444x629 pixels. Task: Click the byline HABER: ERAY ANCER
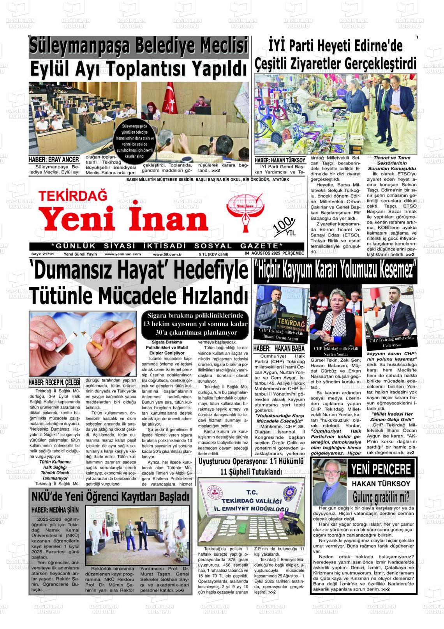click(x=54, y=159)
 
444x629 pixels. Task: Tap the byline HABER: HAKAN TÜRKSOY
click(x=280, y=160)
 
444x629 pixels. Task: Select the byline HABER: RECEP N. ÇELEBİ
click(x=54, y=383)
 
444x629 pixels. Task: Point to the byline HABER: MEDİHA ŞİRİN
click(x=55, y=510)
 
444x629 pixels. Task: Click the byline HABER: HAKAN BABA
click(x=279, y=348)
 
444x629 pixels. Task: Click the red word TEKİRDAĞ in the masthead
click(x=73, y=195)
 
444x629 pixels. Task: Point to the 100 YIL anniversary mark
click(x=285, y=227)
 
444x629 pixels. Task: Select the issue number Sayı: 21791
click(x=42, y=254)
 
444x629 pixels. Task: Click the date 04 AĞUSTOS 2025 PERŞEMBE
click(x=274, y=254)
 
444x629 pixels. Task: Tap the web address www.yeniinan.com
click(x=123, y=254)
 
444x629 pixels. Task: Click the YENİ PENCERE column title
click(x=381, y=470)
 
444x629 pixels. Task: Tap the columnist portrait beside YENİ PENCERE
click(x=329, y=481)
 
